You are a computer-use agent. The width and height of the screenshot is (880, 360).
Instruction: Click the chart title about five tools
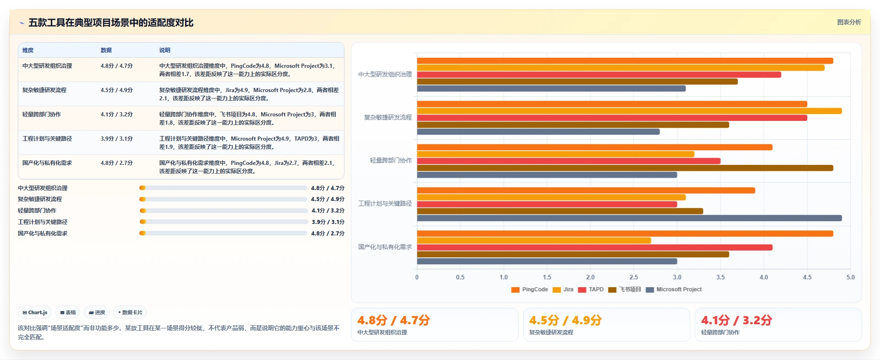[111, 22]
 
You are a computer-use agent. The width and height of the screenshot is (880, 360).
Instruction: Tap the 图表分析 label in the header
[849, 22]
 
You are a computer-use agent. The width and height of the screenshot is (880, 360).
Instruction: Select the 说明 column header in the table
[165, 50]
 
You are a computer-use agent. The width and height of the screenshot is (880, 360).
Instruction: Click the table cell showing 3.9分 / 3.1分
[117, 139]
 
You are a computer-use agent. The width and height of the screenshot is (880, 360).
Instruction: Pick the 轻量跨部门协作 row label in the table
[42, 115]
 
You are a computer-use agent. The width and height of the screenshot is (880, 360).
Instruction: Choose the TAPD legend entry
[591, 289]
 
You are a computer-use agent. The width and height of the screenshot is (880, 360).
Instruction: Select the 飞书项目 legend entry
[625, 289]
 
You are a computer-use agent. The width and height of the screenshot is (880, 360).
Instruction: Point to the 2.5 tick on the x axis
[634, 277]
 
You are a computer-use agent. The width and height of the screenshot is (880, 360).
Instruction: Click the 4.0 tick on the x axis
[764, 277]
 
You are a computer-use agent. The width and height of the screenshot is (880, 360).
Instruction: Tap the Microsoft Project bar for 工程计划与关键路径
[629, 218]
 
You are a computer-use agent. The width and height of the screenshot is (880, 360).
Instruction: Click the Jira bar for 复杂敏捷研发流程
[629, 111]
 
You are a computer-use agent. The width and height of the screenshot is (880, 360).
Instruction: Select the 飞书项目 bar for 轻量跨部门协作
[625, 168]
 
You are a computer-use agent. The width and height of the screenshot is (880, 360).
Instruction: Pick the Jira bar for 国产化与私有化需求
[534, 240]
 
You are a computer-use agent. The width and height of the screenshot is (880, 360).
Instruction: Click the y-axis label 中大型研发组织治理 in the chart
[385, 74]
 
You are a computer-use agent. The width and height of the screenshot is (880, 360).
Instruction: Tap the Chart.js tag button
[35, 312]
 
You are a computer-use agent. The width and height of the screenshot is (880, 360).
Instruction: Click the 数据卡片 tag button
[130, 312]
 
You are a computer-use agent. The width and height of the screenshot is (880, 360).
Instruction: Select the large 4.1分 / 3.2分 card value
[737, 320]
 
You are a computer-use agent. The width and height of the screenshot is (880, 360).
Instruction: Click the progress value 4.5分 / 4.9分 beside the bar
[328, 199]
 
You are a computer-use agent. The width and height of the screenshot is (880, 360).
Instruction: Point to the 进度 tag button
[97, 312]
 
